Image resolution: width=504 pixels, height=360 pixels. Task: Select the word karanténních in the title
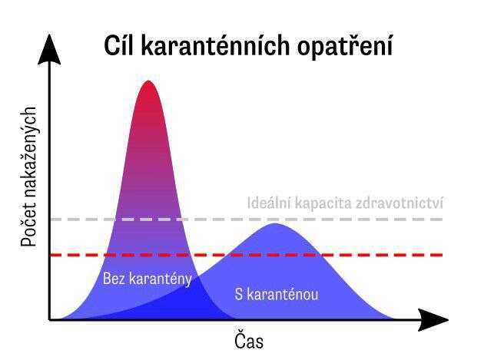tap(215, 45)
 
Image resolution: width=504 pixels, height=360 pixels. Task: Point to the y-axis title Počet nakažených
tap(28, 177)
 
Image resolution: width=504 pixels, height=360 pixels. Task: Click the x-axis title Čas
tap(249, 341)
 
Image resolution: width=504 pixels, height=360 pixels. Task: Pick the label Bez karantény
tap(148, 279)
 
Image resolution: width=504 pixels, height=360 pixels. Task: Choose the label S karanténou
tap(277, 294)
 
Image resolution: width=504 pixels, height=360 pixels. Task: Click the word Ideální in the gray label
tap(269, 203)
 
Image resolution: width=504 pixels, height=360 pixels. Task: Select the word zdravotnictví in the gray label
tap(400, 203)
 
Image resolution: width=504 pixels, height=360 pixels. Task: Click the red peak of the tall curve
tap(148, 82)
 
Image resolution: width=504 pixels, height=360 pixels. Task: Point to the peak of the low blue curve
tap(274, 225)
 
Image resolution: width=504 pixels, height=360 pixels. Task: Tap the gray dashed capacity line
tap(247, 220)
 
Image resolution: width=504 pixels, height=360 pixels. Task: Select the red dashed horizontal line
tap(247, 255)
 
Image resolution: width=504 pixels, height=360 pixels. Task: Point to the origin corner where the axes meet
tap(49, 320)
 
